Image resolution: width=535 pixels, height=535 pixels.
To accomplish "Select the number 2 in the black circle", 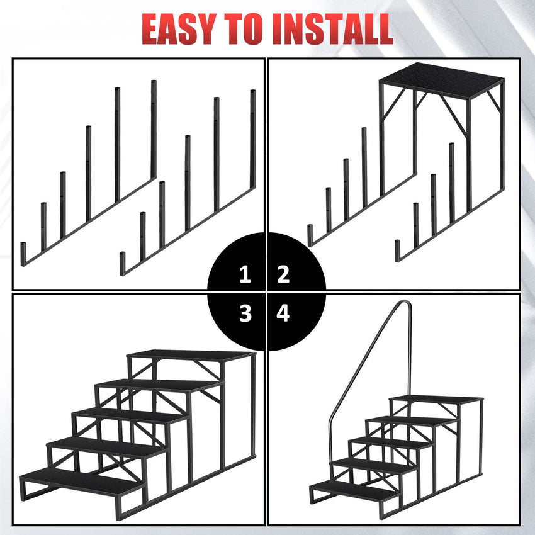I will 283,274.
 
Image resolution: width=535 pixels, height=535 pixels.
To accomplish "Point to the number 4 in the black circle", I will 283,313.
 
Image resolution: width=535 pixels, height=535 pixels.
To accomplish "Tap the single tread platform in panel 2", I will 441,76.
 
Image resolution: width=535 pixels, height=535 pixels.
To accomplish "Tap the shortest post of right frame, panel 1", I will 123,261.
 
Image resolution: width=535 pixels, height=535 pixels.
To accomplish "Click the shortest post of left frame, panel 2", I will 310,234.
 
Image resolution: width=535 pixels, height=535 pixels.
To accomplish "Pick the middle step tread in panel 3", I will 129,415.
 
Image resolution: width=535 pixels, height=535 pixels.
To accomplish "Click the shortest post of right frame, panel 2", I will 397,251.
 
